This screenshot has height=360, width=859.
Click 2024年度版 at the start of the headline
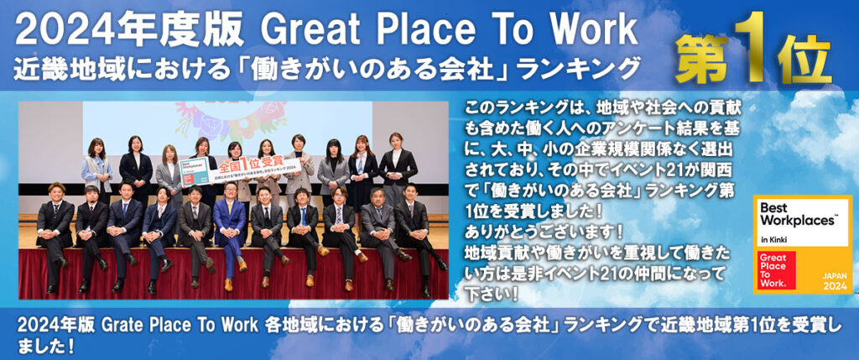tap(128, 31)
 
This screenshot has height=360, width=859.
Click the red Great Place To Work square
tap(776, 270)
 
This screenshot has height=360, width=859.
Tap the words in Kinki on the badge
tap(773, 240)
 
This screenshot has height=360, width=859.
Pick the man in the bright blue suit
tap(229, 233)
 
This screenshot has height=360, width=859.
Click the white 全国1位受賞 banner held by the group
tap(240, 170)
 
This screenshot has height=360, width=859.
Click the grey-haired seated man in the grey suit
tap(381, 237)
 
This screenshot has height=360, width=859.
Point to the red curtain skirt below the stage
tap(233, 274)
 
